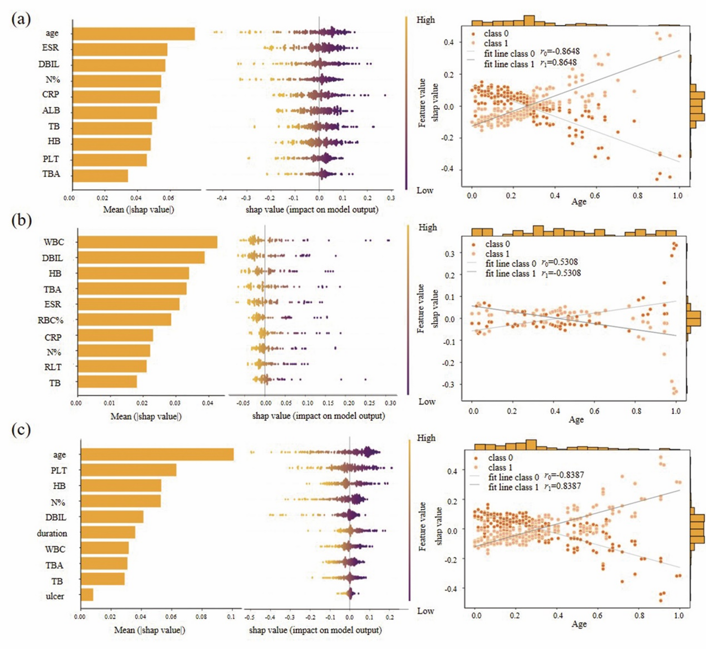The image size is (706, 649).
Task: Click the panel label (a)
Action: pyautogui.click(x=21, y=19)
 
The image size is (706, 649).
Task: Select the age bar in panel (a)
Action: pyautogui.click(x=133, y=34)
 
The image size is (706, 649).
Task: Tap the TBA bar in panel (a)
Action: pyautogui.click(x=100, y=176)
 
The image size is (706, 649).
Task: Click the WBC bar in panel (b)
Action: pyautogui.click(x=147, y=242)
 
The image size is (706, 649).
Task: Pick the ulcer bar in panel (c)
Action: pyautogui.click(x=87, y=595)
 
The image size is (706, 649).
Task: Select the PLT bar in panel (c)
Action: pyautogui.click(x=129, y=470)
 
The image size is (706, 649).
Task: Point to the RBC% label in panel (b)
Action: pyautogui.click(x=51, y=320)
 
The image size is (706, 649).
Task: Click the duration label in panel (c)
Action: pyautogui.click(x=52, y=533)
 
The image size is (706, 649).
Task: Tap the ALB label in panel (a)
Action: pyautogui.click(x=51, y=110)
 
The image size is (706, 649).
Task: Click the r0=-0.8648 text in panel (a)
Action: pyautogui.click(x=559, y=52)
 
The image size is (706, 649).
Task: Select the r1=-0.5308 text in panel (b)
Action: pyautogui.click(x=561, y=273)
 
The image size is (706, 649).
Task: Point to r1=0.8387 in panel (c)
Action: pyautogui.click(x=562, y=486)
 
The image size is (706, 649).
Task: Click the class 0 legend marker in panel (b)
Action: pyautogui.click(x=473, y=244)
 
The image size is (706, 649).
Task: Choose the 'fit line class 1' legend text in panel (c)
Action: pyautogui.click(x=513, y=487)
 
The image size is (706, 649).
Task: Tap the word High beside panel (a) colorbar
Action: pyautogui.click(x=426, y=20)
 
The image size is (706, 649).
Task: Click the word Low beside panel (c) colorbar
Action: pyautogui.click(x=426, y=611)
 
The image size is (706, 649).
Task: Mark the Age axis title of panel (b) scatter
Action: pyautogui.click(x=576, y=419)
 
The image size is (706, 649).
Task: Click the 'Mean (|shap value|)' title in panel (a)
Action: pyautogui.click(x=138, y=210)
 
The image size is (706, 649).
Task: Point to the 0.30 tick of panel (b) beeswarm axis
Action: pyautogui.click(x=391, y=403)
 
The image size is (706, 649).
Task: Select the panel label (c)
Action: pyautogui.click(x=21, y=430)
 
